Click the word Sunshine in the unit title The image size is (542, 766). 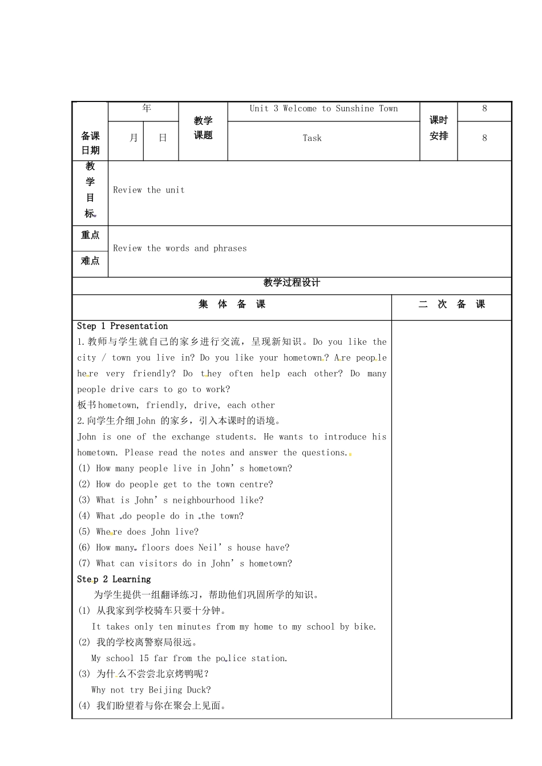coord(355,108)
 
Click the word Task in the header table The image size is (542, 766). coord(312,138)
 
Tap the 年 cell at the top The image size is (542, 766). coord(147,108)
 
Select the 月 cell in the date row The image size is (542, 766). coord(134,138)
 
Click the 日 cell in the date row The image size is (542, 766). coord(163,138)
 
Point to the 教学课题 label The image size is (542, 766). coord(203,128)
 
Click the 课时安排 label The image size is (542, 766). coord(439,128)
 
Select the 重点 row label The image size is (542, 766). coord(90,235)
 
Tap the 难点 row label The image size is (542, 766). coord(90,260)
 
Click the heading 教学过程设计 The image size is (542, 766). coord(292,282)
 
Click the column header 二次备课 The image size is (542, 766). coord(451,304)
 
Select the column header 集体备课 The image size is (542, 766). coord(232,304)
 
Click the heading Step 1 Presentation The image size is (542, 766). coord(123,326)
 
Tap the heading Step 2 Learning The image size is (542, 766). coord(114,579)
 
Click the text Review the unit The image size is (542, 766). coord(149,190)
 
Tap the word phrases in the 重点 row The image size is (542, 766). coord(230,248)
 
